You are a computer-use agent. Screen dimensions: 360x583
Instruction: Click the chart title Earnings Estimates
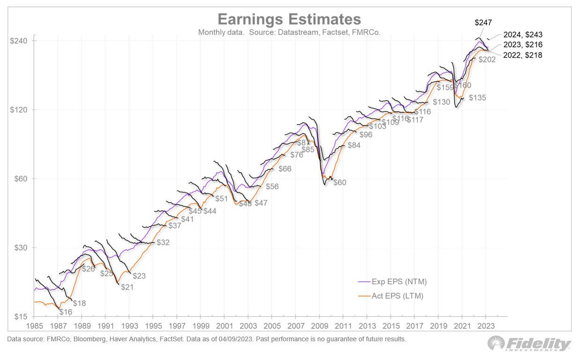click(x=289, y=20)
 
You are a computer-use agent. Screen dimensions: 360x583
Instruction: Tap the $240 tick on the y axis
click(x=19, y=41)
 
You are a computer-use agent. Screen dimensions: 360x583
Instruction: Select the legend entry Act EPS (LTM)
click(x=398, y=296)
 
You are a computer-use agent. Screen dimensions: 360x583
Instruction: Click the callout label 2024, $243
click(x=523, y=35)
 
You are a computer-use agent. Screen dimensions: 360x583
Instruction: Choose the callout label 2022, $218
click(x=523, y=55)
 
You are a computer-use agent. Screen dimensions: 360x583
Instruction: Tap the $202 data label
click(x=487, y=60)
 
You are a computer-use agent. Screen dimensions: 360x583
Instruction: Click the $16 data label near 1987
click(x=66, y=312)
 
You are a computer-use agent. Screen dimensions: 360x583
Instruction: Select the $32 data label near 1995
click(x=163, y=242)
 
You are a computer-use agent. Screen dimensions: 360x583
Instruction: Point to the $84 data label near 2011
click(x=354, y=146)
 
